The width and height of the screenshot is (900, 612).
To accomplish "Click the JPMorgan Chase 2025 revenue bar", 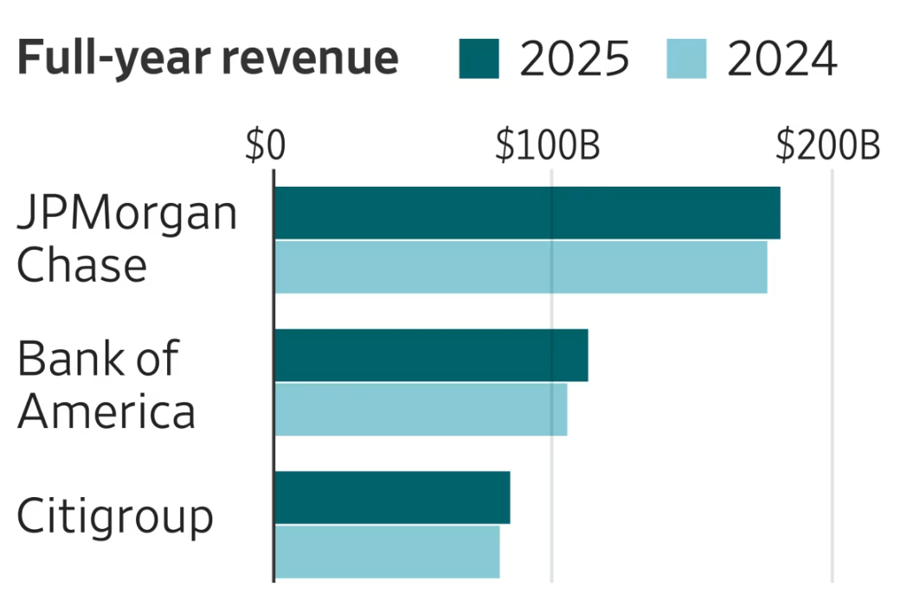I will [x=527, y=213].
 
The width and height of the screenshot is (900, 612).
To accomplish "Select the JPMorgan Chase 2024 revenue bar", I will [x=520, y=267].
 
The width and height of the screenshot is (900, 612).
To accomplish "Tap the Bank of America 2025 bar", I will [x=431, y=355].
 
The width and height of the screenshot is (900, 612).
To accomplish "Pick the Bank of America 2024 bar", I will [x=421, y=409].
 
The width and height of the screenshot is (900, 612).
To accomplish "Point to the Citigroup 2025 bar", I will [x=392, y=497].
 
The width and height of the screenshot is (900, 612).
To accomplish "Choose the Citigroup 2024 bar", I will [x=387, y=551].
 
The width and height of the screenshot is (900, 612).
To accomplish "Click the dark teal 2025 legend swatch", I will [x=479, y=59].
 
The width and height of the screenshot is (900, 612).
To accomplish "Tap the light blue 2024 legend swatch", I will [x=686, y=59].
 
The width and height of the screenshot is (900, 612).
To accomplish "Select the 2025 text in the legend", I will [x=574, y=59].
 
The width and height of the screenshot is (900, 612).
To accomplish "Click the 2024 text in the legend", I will [x=782, y=59].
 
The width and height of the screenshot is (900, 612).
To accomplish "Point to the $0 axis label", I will [x=265, y=147].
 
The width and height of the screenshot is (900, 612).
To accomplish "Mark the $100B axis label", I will [x=548, y=147].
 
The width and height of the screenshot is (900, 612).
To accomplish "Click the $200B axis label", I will [x=827, y=147].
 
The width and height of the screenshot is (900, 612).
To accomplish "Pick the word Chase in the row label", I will [x=82, y=265].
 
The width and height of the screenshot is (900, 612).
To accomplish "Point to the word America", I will [x=106, y=411].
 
